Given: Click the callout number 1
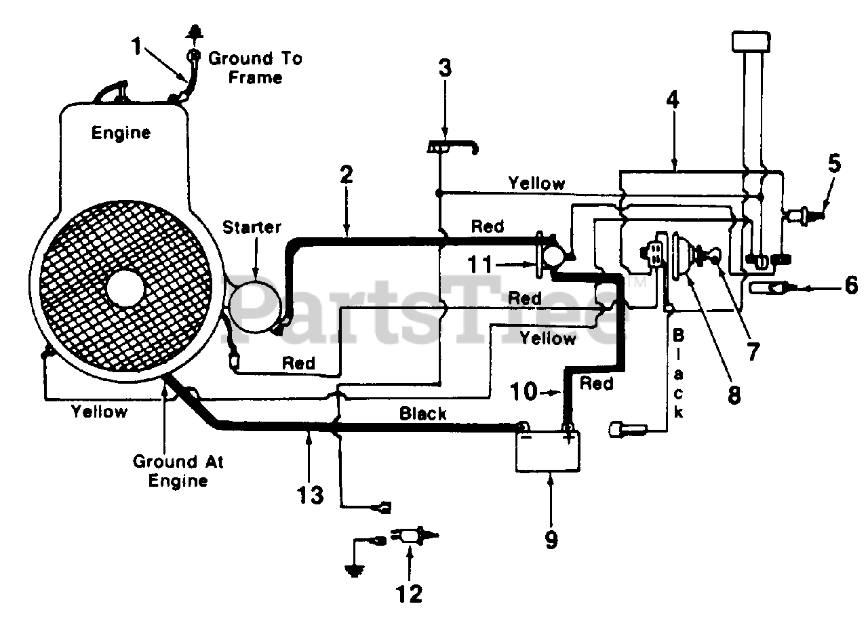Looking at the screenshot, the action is (x=136, y=47).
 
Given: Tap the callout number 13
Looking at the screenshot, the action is (x=310, y=495).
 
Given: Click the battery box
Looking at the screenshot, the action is (x=548, y=452).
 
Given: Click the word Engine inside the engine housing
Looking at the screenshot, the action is (x=121, y=133).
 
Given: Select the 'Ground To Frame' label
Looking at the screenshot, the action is (x=255, y=68).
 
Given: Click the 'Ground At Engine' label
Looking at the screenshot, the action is (x=178, y=471).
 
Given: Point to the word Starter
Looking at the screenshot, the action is (x=252, y=227).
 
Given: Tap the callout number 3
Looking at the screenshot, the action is (x=445, y=68).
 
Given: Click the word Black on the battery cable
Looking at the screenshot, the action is (x=422, y=414).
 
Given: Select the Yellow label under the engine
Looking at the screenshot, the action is (x=99, y=412).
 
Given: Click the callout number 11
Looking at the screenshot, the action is (x=480, y=264).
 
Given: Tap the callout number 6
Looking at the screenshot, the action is (x=851, y=286).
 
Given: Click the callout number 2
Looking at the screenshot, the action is (x=346, y=174).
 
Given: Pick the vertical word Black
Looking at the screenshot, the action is (x=678, y=374).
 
